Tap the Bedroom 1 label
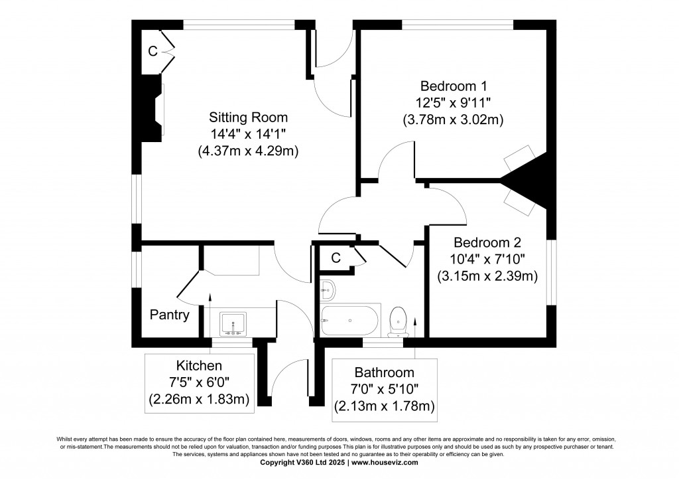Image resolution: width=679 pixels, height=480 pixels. tap(454, 86)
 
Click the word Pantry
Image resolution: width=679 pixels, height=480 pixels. tap(169, 315)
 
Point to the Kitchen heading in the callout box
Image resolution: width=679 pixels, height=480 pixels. tap(199, 366)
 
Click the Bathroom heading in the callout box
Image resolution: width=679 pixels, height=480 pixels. tap(384, 372)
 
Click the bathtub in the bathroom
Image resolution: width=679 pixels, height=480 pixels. tap(350, 321)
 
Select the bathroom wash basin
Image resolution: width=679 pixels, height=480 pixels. tap(328, 289)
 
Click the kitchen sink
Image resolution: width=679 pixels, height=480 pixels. tap(233, 323)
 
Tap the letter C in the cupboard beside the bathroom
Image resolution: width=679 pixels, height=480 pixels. tap(336, 258)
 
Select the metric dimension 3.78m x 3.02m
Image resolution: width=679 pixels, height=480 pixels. tap(454, 120)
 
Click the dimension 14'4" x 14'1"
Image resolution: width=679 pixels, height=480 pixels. tap(249, 135)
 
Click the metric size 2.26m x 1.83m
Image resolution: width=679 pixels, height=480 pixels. tap(199, 399)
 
